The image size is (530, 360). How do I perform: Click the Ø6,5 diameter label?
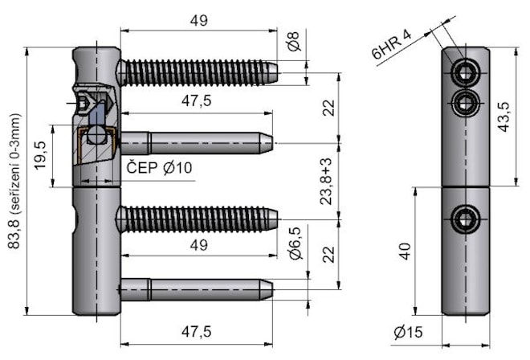[x=295, y=243]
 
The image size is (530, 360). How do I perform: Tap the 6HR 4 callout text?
[x=390, y=46]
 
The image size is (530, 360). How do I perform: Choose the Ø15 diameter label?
[x=409, y=332]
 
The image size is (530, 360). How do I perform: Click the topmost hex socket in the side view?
[x=464, y=73]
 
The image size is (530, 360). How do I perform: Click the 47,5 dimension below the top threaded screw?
[x=196, y=101]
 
